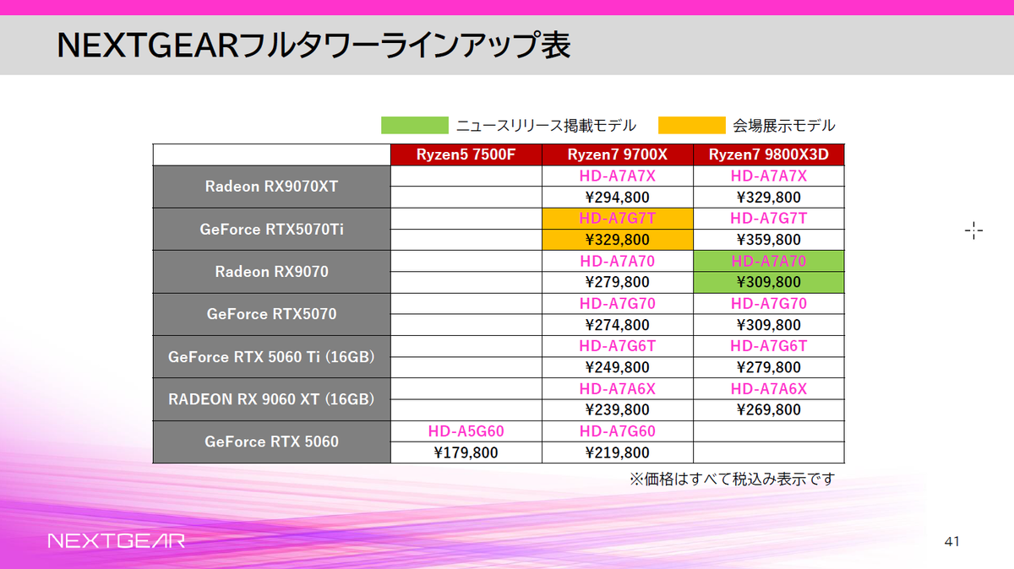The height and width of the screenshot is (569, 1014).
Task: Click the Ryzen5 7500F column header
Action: pos(466,154)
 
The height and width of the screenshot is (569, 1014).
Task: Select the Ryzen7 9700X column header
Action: pos(617,154)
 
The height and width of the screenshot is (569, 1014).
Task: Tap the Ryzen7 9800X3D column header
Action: pos(768,154)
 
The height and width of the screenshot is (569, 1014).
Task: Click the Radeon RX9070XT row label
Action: pos(271,187)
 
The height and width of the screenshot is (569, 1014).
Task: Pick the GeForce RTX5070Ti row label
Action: pos(271,229)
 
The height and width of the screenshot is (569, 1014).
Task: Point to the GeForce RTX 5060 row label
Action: pos(271,442)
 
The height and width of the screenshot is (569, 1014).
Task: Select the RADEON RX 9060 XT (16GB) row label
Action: pos(271,398)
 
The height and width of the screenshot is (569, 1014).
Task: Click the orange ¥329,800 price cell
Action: pos(617,240)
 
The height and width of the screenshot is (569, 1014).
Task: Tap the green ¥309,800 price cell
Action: pos(768,282)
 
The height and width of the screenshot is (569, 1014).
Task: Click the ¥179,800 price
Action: pos(466,452)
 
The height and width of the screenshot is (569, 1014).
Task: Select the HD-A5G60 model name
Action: pos(466,431)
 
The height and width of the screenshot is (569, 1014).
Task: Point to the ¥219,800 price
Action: pos(617,452)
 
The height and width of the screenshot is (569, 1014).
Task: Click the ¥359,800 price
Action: pos(768,240)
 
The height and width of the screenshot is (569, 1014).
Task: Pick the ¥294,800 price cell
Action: pos(617,198)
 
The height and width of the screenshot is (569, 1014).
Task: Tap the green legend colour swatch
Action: pos(414,125)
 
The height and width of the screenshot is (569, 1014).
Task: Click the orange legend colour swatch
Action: pos(691,125)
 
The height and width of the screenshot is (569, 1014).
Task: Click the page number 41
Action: pos(951,540)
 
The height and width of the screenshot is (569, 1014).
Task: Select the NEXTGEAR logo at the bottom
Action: pos(116,540)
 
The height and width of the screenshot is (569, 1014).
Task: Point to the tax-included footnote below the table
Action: pos(732,480)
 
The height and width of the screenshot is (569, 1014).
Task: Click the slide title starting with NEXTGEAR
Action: pos(313,46)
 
